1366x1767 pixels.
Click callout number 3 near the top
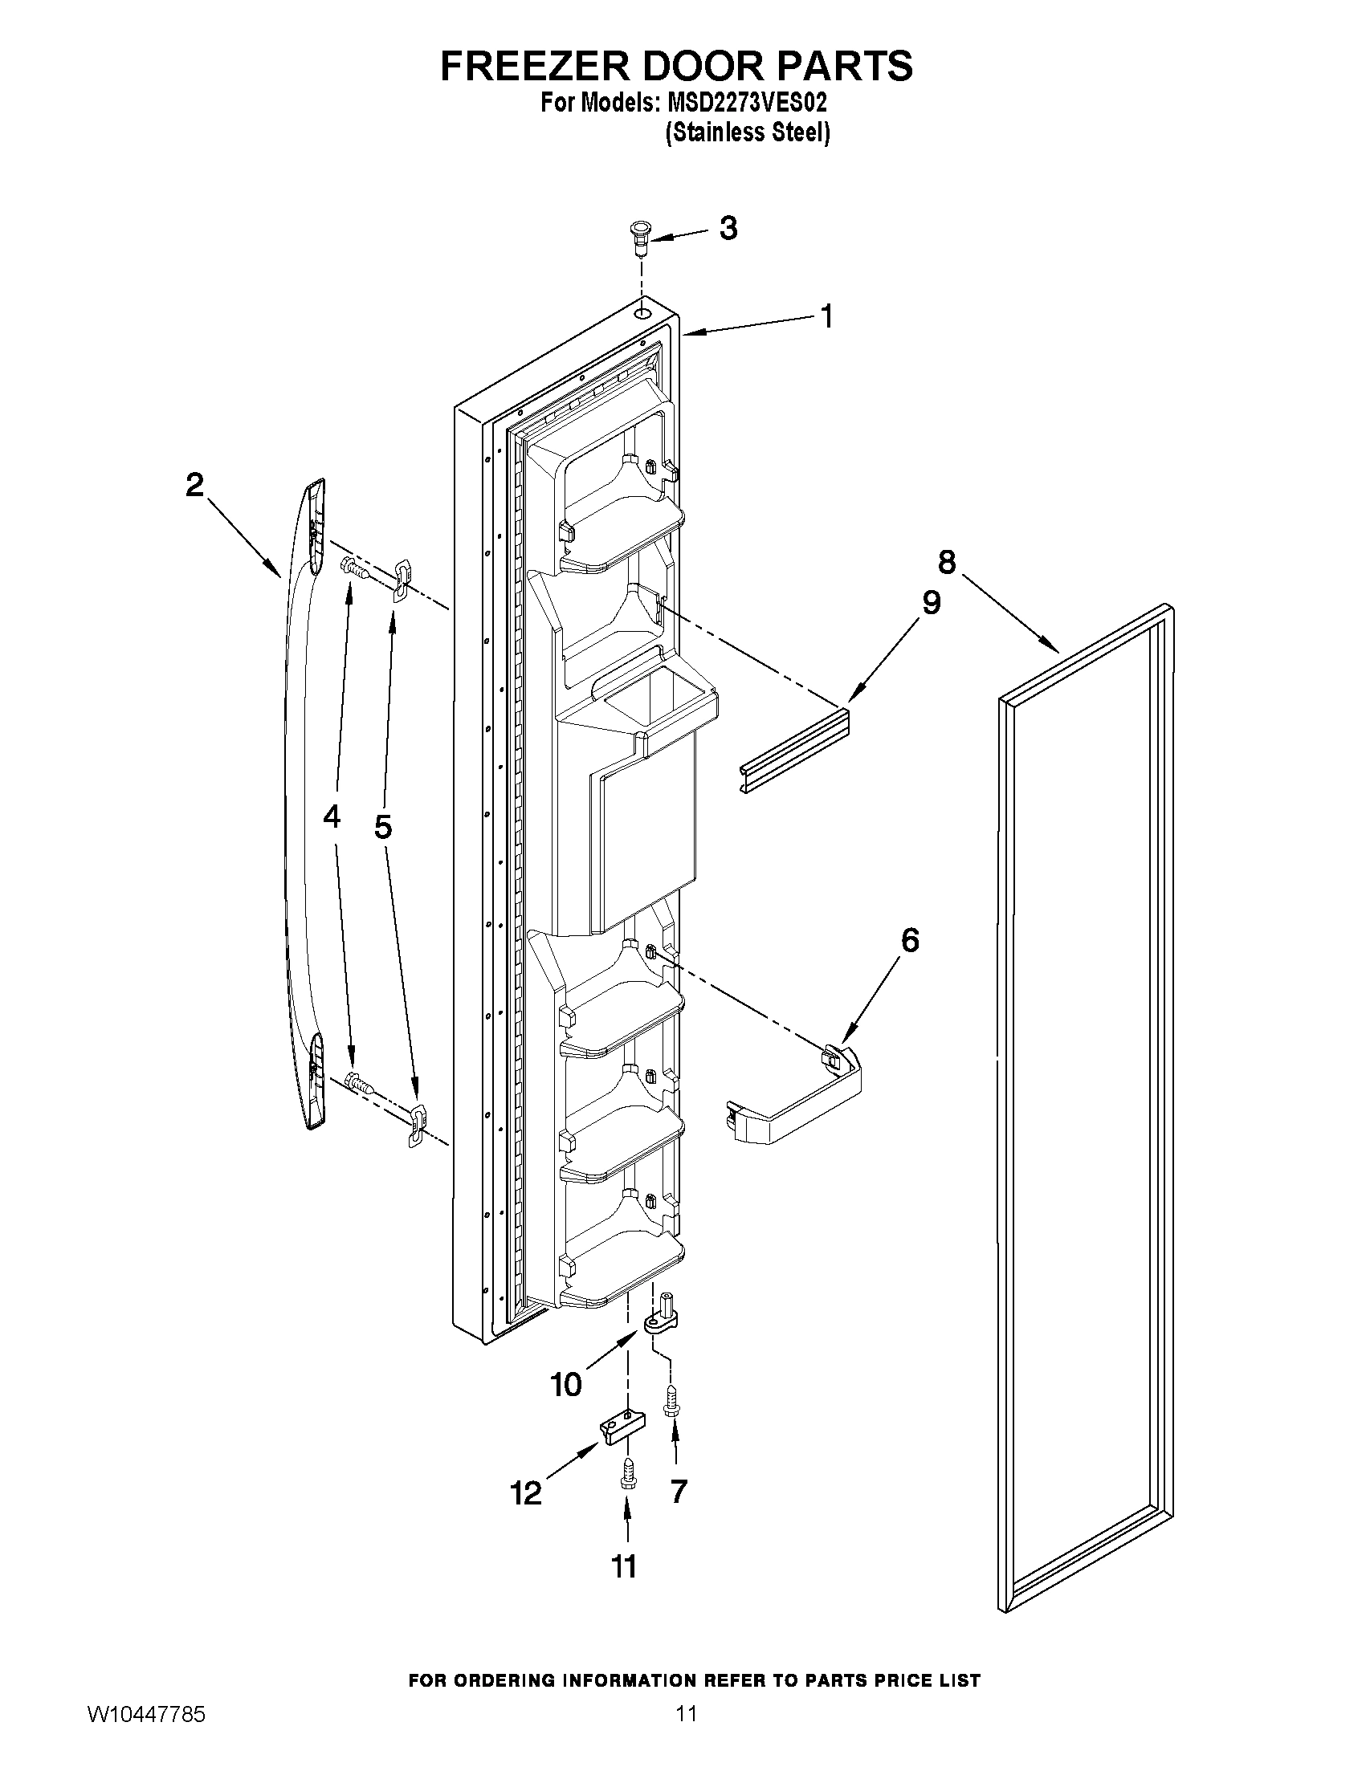[728, 229]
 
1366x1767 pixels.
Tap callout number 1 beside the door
[826, 316]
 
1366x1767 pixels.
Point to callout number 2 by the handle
[195, 485]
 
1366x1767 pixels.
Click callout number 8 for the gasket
[947, 560]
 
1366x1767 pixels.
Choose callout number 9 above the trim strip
[932, 602]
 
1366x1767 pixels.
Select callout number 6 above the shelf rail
[910, 940]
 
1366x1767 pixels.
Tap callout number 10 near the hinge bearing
[565, 1384]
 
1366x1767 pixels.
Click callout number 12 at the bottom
[527, 1492]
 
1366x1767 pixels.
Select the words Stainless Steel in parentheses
[747, 133]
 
